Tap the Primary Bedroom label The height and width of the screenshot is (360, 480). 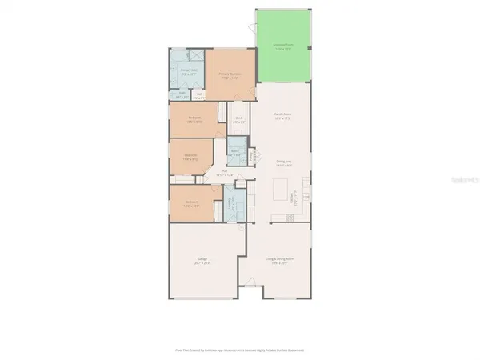pos(231,76)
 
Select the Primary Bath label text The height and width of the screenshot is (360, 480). pos(188,71)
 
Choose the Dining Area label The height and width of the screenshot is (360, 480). pos(282,162)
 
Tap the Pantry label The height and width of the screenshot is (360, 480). pos(254,157)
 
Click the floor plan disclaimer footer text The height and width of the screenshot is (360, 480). pos(240,350)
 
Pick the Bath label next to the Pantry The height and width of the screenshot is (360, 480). pos(235,151)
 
